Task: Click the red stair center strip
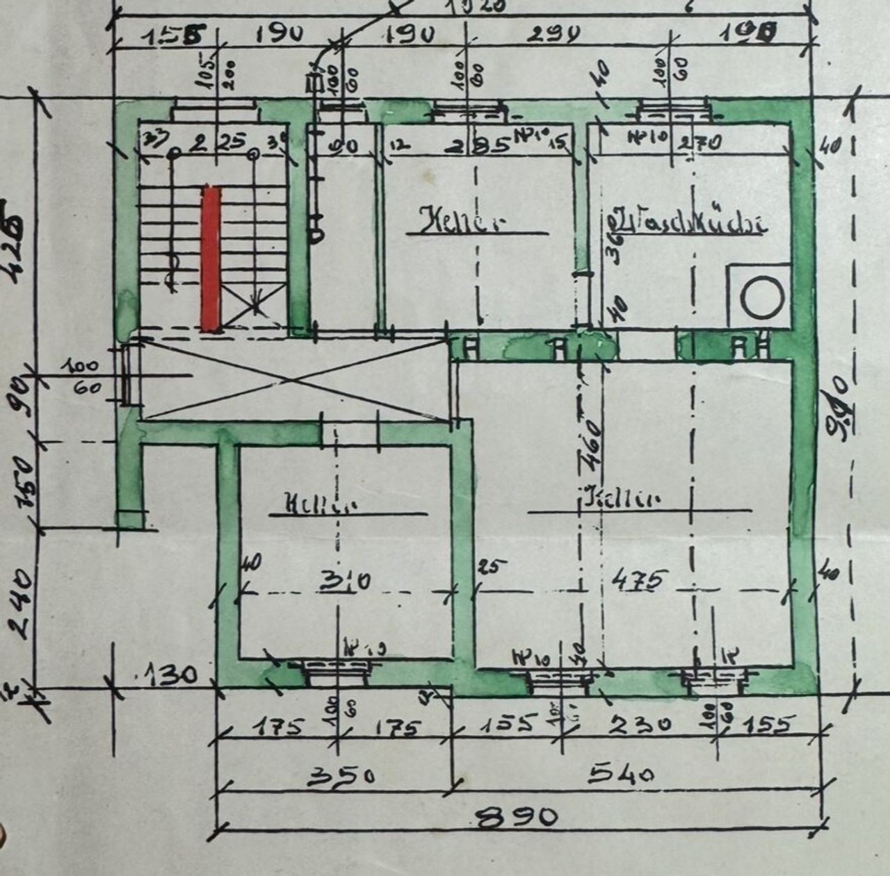point(211,257)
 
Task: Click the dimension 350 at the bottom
point(341,775)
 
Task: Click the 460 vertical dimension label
point(590,444)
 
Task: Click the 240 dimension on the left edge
point(21,603)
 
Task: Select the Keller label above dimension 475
point(621,499)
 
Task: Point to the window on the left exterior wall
point(126,375)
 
